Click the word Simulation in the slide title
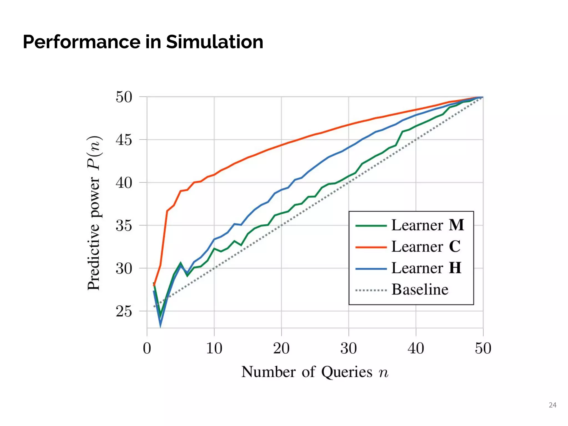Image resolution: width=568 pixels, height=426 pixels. point(214,42)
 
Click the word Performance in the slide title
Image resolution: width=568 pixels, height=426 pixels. point(82,42)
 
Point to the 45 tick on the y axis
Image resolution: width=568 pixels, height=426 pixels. point(124,140)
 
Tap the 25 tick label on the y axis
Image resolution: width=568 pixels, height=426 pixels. point(124,311)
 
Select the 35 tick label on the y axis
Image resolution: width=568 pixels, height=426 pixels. point(124,225)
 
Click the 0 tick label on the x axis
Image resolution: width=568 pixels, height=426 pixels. point(147,348)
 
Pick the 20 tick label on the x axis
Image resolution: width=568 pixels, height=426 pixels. point(281,348)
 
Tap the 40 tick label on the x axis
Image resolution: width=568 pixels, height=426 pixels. point(416,348)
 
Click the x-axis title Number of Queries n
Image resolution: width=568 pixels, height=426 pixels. point(315,372)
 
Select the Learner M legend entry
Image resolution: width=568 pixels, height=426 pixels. point(427,225)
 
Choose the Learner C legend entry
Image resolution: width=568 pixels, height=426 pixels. point(426,246)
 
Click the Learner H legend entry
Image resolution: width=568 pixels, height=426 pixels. point(426,268)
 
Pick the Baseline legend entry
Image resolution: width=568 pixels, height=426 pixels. point(420,290)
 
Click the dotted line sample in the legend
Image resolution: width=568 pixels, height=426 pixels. point(371,290)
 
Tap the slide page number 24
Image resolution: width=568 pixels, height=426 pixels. point(552,405)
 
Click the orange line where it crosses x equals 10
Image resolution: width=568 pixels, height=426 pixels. point(214,175)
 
